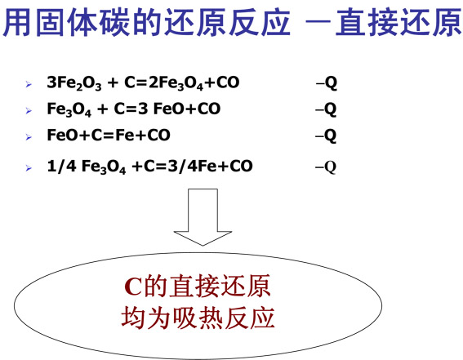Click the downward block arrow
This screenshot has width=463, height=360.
[203, 217]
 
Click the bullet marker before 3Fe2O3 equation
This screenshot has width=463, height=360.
[29, 84]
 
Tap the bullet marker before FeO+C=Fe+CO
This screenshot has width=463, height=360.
[29, 137]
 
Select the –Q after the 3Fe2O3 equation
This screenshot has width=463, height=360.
[327, 83]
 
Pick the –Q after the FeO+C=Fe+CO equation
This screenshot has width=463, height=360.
[326, 136]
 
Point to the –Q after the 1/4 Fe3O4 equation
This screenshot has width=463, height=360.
[326, 167]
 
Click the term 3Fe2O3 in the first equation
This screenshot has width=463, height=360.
[74, 83]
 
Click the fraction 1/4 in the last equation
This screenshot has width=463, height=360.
[62, 166]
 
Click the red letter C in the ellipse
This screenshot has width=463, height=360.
[133, 287]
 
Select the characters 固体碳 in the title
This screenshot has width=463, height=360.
[84, 22]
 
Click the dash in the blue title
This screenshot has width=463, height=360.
[318, 22]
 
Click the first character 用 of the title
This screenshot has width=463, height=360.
[17, 22]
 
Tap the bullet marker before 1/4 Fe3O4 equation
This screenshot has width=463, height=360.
[29, 168]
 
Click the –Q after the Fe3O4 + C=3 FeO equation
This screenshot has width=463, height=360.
[326, 109]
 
